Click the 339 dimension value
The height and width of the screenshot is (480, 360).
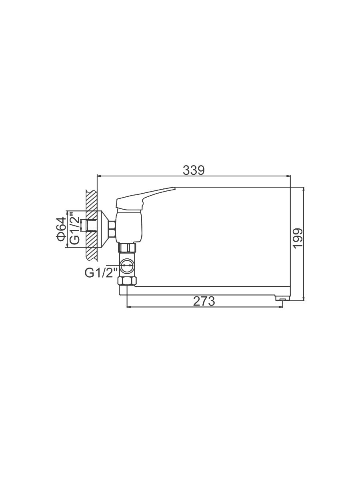(194, 170)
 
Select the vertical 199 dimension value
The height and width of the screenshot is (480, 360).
(298, 238)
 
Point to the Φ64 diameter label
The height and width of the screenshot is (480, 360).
(61, 229)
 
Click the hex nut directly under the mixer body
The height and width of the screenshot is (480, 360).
(127, 247)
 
